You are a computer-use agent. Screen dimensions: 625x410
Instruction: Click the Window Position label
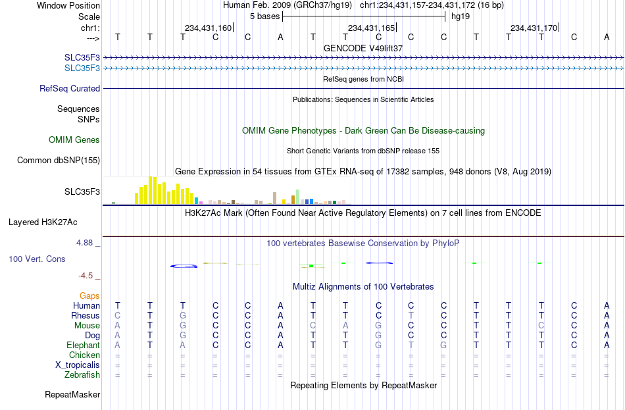click(x=68, y=5)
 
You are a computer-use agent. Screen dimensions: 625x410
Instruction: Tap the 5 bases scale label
click(x=264, y=16)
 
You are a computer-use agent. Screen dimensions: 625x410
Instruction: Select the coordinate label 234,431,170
click(x=534, y=28)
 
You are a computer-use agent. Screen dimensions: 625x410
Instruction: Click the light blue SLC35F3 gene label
click(x=82, y=68)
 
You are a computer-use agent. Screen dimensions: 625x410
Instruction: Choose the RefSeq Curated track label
click(x=70, y=89)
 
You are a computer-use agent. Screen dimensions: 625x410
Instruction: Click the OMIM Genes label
click(x=74, y=140)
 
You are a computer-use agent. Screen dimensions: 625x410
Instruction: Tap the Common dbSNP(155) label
click(x=59, y=161)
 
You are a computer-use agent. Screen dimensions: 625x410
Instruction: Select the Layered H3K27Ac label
click(x=43, y=222)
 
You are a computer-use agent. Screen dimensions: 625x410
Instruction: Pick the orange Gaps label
click(x=89, y=296)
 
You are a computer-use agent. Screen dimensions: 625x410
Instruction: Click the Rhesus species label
click(x=86, y=316)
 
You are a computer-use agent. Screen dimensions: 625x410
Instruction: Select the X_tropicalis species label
click(x=78, y=365)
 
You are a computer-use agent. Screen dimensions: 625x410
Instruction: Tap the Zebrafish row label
click(x=82, y=375)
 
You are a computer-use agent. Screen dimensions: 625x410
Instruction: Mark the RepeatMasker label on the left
click(x=72, y=395)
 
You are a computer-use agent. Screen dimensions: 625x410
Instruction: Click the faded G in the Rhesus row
click(x=182, y=316)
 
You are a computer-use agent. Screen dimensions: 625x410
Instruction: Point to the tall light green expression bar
click(x=297, y=197)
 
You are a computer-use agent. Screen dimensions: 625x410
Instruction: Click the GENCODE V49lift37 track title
click(x=363, y=48)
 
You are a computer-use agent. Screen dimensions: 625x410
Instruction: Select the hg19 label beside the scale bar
click(x=461, y=16)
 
